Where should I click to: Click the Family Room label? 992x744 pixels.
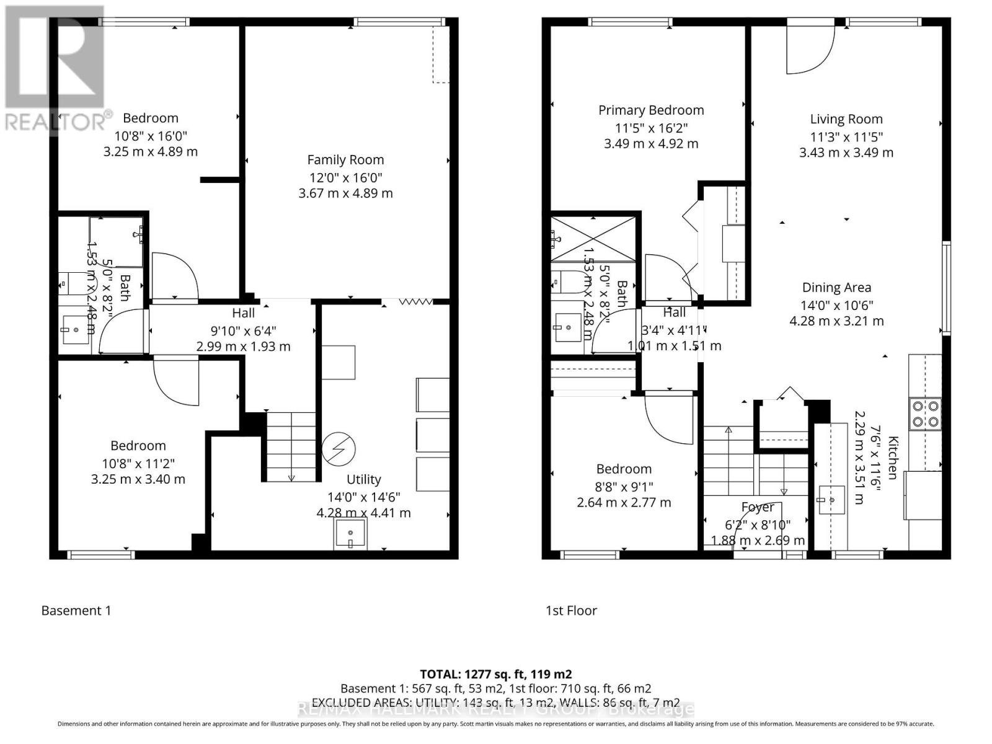pyautogui.click(x=345, y=160)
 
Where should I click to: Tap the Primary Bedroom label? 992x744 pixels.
pyautogui.click(x=651, y=110)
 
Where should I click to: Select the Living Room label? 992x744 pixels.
pyautogui.click(x=846, y=120)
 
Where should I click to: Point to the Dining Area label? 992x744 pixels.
pyautogui.click(x=836, y=288)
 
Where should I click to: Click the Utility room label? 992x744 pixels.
pyautogui.click(x=363, y=479)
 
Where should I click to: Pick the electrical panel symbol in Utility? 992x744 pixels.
pyautogui.click(x=339, y=448)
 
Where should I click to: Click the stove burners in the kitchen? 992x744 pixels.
pyautogui.click(x=924, y=414)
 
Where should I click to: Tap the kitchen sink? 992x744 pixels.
pyautogui.click(x=831, y=500)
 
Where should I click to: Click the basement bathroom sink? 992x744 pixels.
pyautogui.click(x=75, y=329)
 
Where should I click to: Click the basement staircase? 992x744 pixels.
pyautogui.click(x=291, y=446)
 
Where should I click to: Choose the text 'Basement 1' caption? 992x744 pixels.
pyautogui.click(x=76, y=611)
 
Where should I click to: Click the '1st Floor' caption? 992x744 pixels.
pyautogui.click(x=571, y=611)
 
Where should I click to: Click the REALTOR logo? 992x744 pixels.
pyautogui.click(x=55, y=68)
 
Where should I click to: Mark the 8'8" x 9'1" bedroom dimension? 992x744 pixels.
pyautogui.click(x=624, y=487)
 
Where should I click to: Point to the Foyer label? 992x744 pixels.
pyautogui.click(x=758, y=508)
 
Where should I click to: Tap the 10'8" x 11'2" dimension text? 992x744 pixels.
pyautogui.click(x=138, y=463)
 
